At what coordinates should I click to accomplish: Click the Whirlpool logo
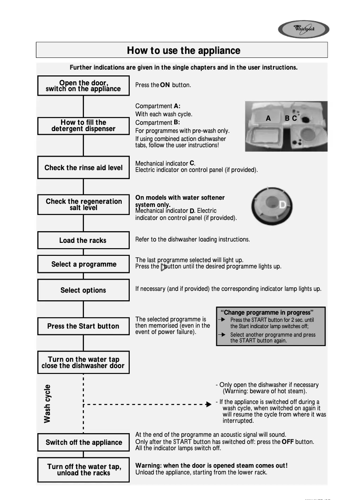click(x=303, y=30)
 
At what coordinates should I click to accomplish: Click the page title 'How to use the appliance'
click(x=183, y=50)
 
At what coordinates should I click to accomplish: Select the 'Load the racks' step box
click(x=83, y=241)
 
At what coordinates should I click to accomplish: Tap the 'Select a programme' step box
click(x=83, y=264)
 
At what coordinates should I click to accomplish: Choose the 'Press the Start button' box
click(x=83, y=326)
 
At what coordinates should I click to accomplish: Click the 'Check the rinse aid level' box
click(x=83, y=168)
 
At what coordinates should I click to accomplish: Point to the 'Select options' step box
click(x=83, y=290)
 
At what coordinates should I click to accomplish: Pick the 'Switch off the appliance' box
click(x=83, y=443)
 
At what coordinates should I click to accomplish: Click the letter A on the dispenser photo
click(x=268, y=118)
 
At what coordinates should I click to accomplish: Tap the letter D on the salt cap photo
click(x=282, y=205)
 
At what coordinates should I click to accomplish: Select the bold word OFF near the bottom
click(x=288, y=442)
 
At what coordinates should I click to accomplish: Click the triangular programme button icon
click(x=163, y=267)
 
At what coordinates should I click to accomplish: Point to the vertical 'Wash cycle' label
click(x=48, y=404)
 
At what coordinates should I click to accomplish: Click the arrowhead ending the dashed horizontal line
click(x=208, y=404)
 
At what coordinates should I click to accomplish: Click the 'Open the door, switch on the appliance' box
click(x=83, y=86)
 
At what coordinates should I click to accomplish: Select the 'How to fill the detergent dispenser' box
click(x=83, y=126)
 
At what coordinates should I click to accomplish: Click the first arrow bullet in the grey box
click(x=222, y=320)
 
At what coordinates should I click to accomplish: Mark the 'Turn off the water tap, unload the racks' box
click(x=83, y=470)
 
